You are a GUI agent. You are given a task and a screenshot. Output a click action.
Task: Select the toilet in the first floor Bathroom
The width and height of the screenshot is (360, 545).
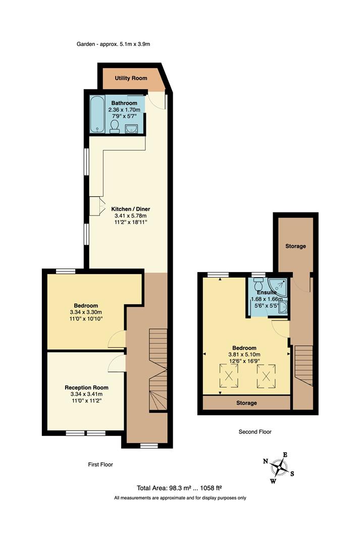115,126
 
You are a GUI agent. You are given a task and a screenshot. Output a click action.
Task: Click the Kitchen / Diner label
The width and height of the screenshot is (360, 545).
131,208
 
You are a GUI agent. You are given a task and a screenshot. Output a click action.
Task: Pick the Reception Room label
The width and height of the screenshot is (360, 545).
86,387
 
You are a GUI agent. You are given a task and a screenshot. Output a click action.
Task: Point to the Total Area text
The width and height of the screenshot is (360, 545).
179,488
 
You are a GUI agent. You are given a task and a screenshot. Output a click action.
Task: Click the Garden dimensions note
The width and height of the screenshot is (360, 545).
114,44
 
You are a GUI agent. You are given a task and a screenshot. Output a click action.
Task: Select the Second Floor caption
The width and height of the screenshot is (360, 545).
255,432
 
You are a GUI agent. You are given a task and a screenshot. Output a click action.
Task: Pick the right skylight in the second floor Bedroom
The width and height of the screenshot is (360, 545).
267,375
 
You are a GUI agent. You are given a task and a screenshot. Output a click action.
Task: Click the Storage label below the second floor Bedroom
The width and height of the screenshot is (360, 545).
246,403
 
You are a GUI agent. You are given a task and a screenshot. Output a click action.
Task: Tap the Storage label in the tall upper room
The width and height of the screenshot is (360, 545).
295,246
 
